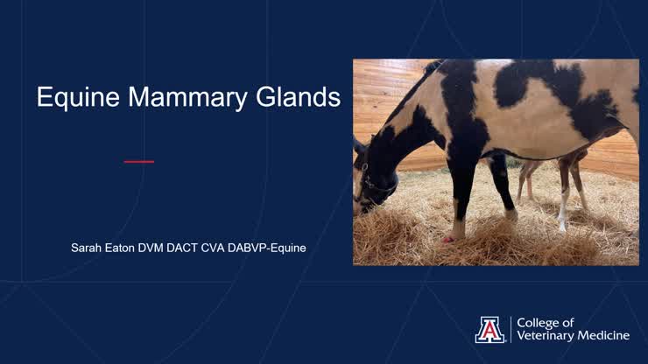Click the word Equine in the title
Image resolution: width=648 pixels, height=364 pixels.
tap(77, 97)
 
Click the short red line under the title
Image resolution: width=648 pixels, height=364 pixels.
tap(138, 161)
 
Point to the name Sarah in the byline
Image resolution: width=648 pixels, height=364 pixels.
tap(88, 248)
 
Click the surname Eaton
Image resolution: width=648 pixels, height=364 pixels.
tap(126, 248)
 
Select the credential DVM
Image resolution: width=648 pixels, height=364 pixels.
tap(163, 248)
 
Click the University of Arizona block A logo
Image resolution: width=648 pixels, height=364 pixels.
tap(490, 329)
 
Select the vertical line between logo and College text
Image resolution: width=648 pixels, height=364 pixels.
tap(511, 329)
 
